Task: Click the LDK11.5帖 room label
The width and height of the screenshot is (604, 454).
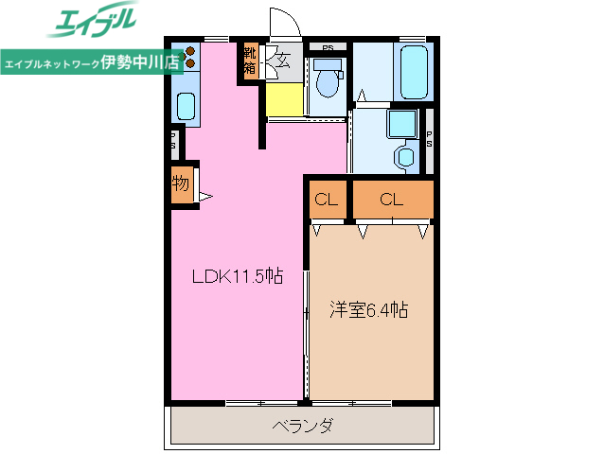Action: pos(238,277)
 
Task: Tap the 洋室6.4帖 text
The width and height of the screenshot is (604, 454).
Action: pos(369,309)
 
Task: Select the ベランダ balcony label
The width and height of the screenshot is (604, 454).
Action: pos(302,426)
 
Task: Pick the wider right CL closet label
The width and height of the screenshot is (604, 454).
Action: pos(392,200)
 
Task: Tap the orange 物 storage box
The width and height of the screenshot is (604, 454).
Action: pos(181,185)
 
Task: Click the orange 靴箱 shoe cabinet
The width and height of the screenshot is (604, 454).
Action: pos(250,60)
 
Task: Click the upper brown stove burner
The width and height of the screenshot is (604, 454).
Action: pos(188,51)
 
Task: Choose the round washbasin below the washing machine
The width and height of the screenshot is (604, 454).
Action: pos(404,156)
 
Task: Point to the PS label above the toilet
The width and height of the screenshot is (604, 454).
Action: pos(328,46)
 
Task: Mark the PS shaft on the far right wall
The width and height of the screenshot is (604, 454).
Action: pos(429,138)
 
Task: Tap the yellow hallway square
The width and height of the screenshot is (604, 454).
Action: pos(284,98)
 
